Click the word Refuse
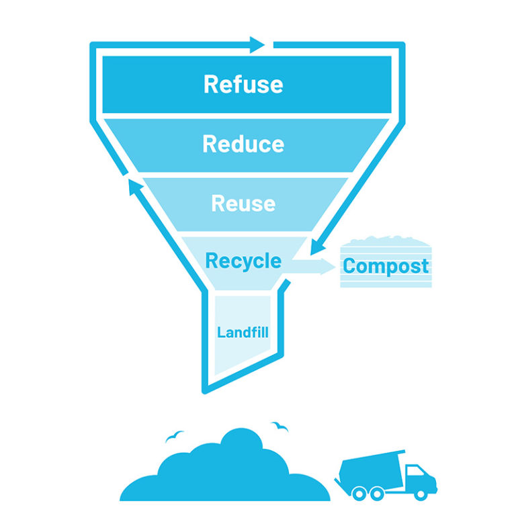click(243, 85)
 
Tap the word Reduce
click(243, 144)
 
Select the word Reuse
click(243, 203)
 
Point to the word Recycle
click(243, 261)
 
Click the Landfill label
click(243, 332)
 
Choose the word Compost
click(386, 266)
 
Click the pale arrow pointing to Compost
click(312, 267)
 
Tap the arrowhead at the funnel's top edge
click(257, 45)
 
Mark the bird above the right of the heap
click(279, 426)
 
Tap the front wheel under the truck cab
click(421, 493)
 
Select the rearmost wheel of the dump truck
click(360, 494)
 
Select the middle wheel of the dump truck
click(377, 494)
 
